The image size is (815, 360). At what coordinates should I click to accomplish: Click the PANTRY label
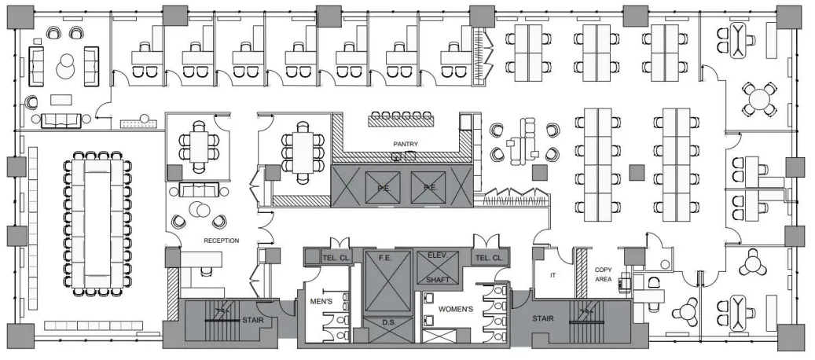pyautogui.click(x=406, y=144)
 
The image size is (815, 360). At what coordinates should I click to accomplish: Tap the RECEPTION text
pyautogui.click(x=222, y=241)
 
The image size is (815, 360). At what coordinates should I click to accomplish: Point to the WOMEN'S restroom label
pyautogui.click(x=456, y=309)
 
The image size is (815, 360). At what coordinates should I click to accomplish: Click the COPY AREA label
pyautogui.click(x=604, y=274)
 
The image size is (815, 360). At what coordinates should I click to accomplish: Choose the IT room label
pyautogui.click(x=553, y=276)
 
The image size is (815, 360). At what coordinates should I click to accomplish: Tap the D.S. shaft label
pyautogui.click(x=389, y=322)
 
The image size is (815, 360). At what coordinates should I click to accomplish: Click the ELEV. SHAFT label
pyautogui.click(x=438, y=267)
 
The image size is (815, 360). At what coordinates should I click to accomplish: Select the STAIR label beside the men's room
pyautogui.click(x=252, y=320)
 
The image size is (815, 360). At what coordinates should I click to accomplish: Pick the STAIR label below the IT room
pyautogui.click(x=542, y=318)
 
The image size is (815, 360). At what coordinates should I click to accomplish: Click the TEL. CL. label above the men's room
pyautogui.click(x=336, y=258)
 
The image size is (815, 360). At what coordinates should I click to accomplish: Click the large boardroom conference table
pyautogui.click(x=97, y=224)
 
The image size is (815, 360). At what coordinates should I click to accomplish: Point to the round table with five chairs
pyautogui.click(x=759, y=98)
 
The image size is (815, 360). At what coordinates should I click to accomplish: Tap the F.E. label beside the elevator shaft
pyautogui.click(x=384, y=258)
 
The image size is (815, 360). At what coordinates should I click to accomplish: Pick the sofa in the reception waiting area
pyautogui.click(x=197, y=190)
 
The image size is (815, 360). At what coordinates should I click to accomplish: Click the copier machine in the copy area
pyautogui.click(x=626, y=282)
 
